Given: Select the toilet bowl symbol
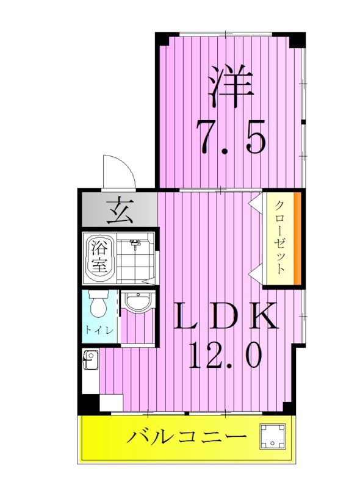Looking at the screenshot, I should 97,305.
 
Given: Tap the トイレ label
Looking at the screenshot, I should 98,331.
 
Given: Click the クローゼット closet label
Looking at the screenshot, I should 279,237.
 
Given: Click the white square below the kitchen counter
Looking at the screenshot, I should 111,403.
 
